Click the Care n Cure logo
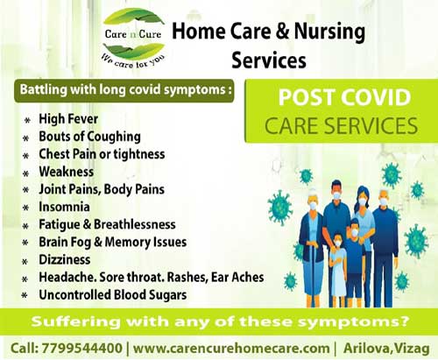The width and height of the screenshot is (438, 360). (134, 39)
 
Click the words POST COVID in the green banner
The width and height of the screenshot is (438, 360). (344, 97)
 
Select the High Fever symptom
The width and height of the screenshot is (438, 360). (68, 119)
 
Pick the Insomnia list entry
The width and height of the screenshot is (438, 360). (64, 207)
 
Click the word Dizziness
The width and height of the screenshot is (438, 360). (65, 259)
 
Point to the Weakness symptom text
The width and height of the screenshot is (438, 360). (67, 172)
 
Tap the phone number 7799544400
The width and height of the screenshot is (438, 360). (82, 349)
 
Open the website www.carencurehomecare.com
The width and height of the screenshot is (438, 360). (231, 349)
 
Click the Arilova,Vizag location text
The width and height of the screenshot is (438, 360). (386, 349)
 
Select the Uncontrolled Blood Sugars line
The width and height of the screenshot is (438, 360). (113, 295)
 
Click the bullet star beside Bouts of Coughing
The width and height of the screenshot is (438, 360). (26, 138)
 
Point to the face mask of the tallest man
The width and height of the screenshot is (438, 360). (336, 195)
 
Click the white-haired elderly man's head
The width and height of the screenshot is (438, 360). (383, 198)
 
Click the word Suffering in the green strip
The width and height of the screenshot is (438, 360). (75, 321)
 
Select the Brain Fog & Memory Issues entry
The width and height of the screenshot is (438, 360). (113, 243)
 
